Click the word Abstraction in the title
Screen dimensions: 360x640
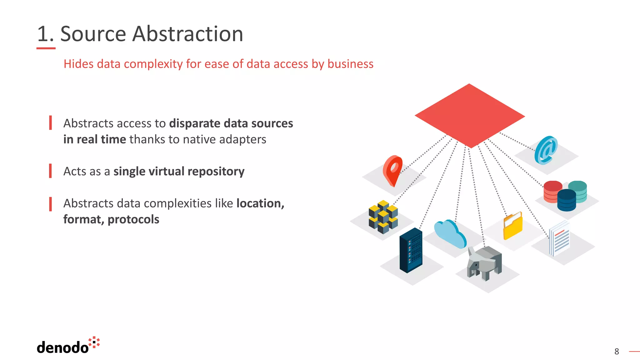(x=187, y=34)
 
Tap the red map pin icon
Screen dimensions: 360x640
(x=393, y=170)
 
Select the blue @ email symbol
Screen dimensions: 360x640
(x=546, y=150)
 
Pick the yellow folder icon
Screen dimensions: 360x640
(x=513, y=226)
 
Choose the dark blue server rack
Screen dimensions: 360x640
(x=411, y=250)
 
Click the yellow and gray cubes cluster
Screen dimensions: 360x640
(x=383, y=217)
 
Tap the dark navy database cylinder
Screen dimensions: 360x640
(x=567, y=200)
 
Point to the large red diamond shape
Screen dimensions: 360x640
(x=470, y=116)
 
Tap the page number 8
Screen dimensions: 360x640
(x=617, y=352)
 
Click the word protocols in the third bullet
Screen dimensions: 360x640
(x=133, y=219)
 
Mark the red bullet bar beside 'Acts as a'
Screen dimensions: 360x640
(x=50, y=171)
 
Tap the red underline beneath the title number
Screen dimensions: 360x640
(x=46, y=48)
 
